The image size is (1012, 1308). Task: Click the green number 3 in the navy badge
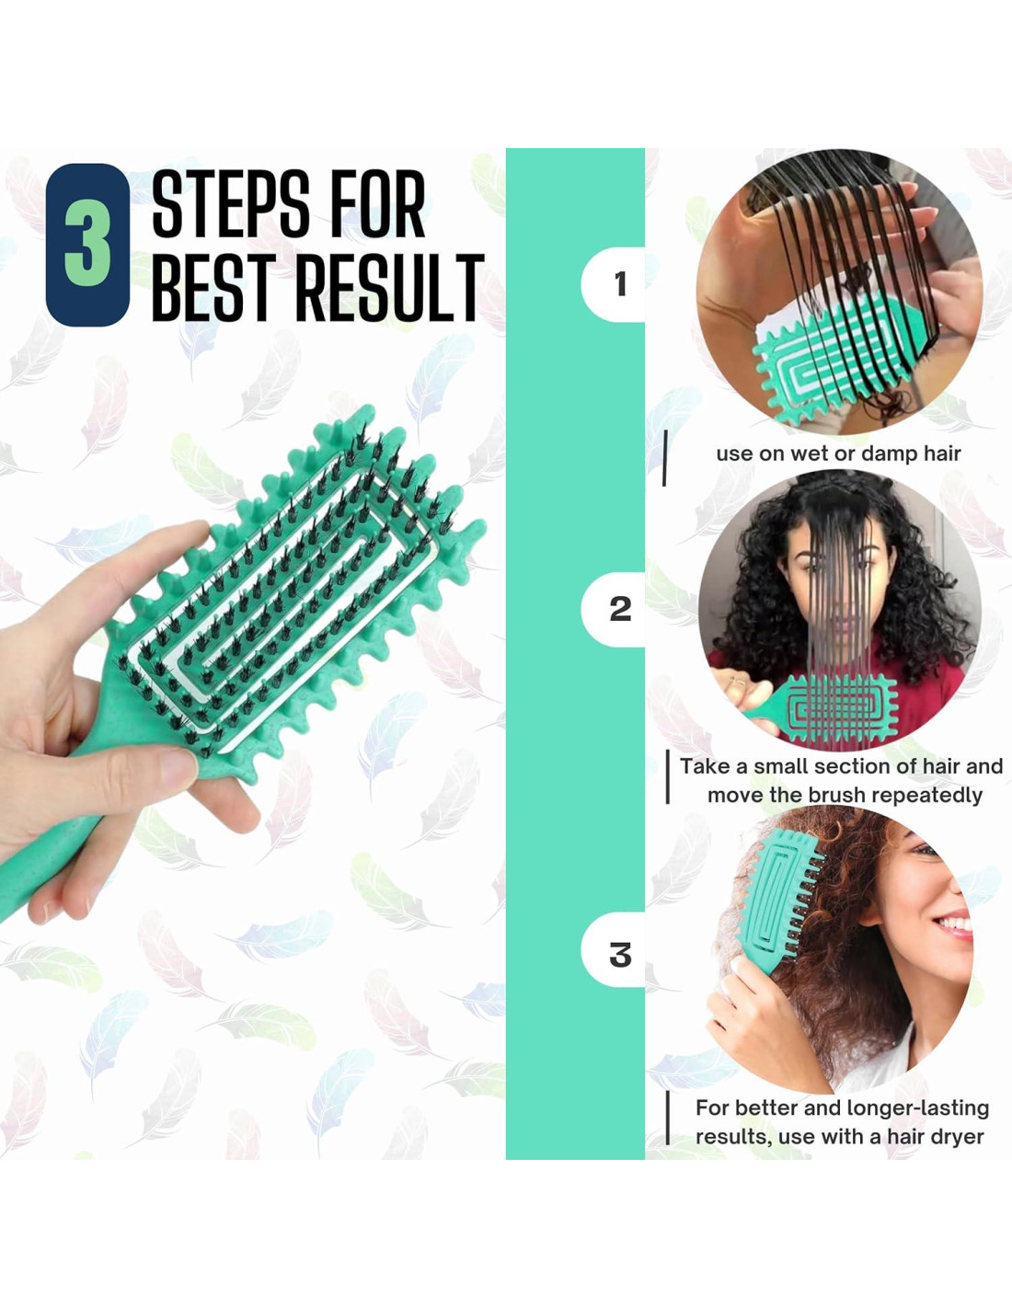pos(87,246)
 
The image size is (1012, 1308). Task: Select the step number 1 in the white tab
pos(621,284)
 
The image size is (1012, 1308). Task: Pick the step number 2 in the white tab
pos(621,610)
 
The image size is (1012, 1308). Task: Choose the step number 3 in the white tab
pos(621,955)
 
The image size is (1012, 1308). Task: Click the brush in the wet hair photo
pos(843,355)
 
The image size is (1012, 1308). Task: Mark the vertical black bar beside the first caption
pos(664,457)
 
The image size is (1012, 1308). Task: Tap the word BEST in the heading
pos(218,287)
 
